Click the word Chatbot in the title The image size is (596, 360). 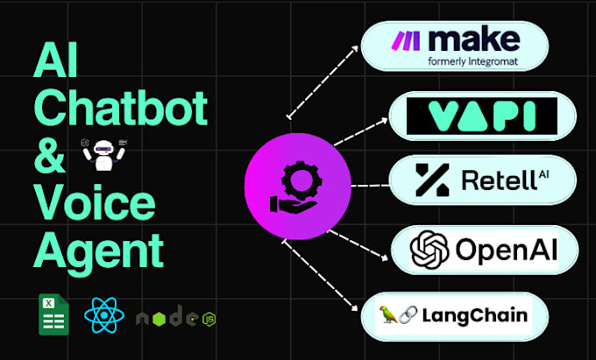pos(120,109)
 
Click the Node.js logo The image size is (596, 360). pos(175,317)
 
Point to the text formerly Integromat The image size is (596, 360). pos(480,61)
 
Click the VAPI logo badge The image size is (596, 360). pos(483,116)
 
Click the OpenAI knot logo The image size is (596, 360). pos(430,250)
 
